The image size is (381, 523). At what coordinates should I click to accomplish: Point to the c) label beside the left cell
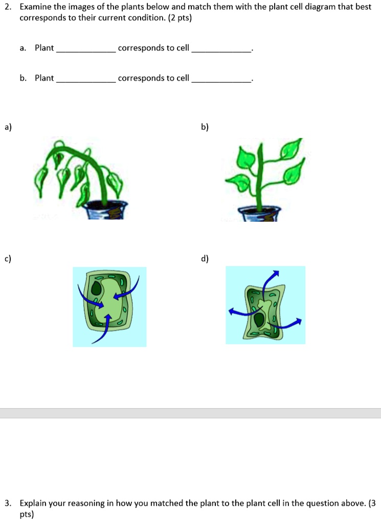[x=8, y=259]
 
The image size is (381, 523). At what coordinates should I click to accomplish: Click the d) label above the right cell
[x=205, y=259]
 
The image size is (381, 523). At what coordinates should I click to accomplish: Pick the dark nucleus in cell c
[x=97, y=290]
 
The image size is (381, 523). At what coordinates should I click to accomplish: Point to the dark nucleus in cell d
[x=260, y=321]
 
